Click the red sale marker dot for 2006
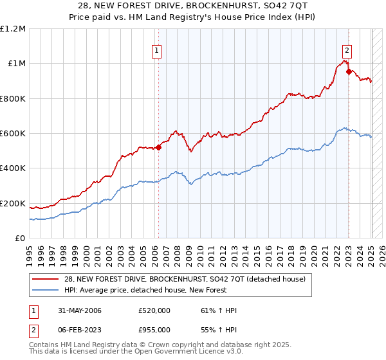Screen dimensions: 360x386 158,147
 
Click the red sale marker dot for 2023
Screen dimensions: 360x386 349,71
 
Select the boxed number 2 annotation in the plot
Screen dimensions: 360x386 347,51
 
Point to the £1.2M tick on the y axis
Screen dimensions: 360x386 13,29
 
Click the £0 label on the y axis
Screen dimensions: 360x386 19,239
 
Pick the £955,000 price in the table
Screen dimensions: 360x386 155,328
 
